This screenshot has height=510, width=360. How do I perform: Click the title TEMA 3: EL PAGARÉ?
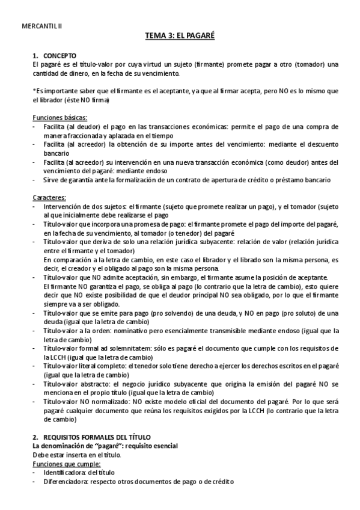180,37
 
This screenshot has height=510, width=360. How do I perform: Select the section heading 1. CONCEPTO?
55,55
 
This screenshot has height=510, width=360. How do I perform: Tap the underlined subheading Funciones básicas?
59,117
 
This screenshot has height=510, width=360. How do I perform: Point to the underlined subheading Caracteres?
49,197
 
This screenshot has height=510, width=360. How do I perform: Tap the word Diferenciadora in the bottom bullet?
67,482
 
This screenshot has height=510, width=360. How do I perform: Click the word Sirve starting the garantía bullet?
52,180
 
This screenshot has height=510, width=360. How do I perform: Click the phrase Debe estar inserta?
59,455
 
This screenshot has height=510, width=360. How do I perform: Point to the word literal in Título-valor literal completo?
92,366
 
